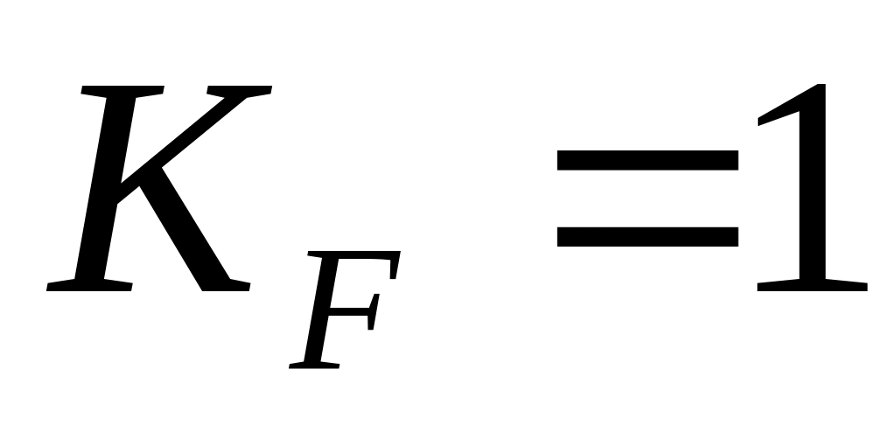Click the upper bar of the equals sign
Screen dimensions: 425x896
647,164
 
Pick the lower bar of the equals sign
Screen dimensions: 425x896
647,234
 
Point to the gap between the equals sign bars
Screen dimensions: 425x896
647,199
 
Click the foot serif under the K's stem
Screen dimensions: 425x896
87,284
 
